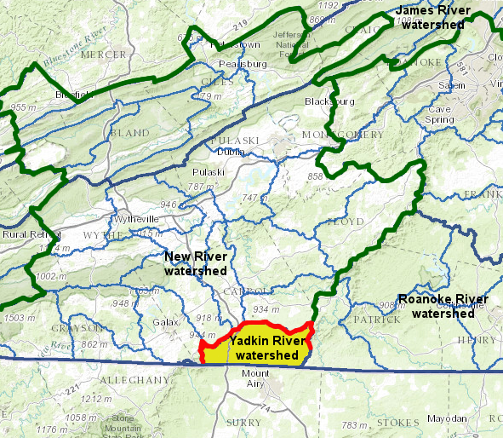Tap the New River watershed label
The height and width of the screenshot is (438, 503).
[x=196, y=263]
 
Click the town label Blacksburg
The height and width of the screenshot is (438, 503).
[x=329, y=101]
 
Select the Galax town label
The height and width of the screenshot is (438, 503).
[x=166, y=322]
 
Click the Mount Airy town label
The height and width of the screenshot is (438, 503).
[x=255, y=378]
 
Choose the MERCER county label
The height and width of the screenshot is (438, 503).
[x=103, y=55]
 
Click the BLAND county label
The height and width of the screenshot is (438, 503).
[x=129, y=134]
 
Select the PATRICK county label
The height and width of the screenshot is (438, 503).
[x=376, y=320]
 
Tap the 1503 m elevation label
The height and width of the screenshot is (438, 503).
[x=15, y=317]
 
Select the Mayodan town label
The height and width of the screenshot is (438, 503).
[x=448, y=418]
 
